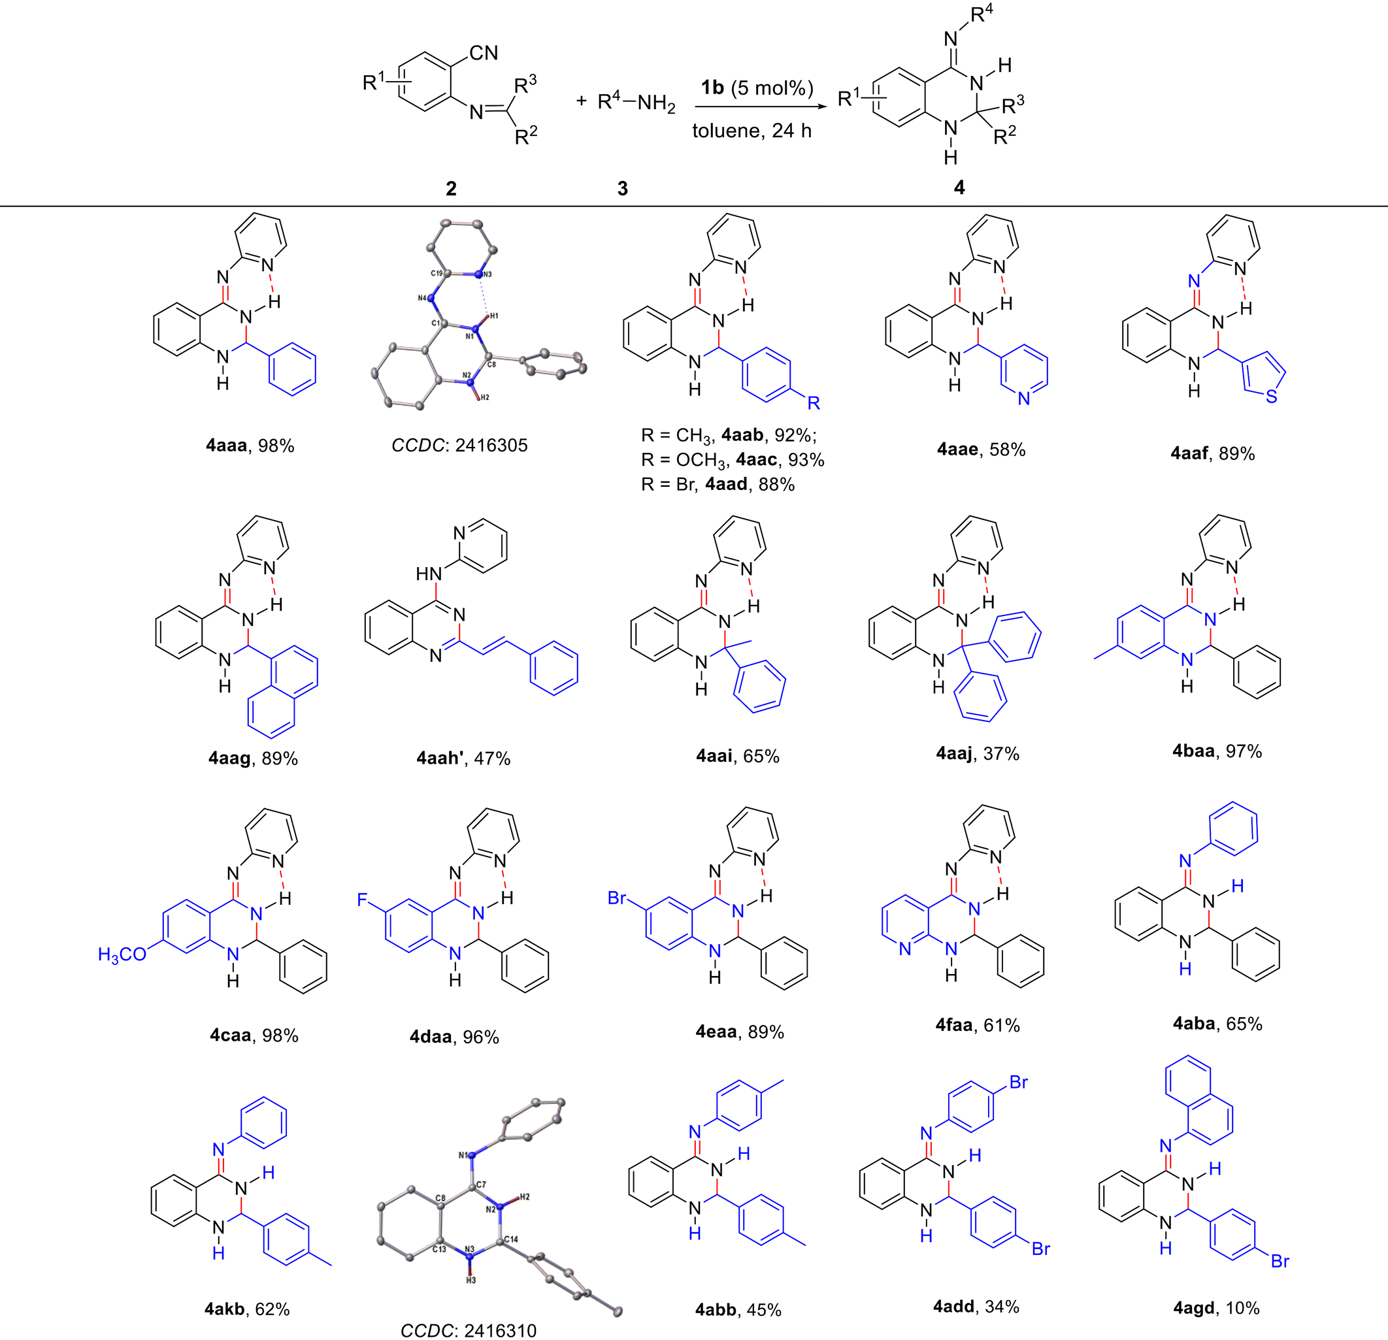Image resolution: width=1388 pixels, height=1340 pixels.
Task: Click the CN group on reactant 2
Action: tap(484, 53)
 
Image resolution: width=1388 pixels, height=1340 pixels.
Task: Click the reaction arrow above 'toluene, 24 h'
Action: tap(761, 108)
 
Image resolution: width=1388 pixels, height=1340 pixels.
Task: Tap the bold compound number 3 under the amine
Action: tap(623, 188)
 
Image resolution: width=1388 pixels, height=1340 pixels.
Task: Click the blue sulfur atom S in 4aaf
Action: tap(1271, 396)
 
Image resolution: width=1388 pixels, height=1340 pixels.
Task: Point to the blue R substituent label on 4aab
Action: tap(814, 402)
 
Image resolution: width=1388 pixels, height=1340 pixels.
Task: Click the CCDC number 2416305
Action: tap(491, 444)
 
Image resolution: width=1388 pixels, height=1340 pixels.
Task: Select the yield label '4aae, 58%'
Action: tap(981, 449)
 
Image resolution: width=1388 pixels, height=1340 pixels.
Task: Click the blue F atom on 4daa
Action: tap(362, 899)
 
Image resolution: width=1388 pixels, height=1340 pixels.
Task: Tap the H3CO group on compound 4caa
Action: tap(122, 955)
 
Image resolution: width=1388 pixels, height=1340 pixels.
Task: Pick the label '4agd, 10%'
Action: tap(1216, 1307)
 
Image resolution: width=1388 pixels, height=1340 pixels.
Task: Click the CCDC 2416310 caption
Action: tap(468, 1330)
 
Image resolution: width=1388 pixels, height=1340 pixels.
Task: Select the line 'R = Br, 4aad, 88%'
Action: tap(718, 484)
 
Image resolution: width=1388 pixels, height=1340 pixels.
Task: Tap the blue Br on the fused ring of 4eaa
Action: tap(618, 898)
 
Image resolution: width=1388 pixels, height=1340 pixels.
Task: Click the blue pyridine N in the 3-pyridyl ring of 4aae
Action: tap(1024, 399)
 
